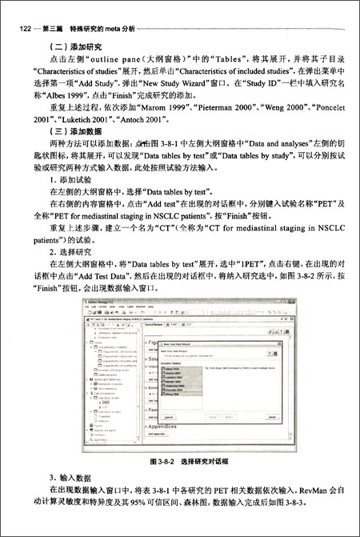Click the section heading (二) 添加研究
tap(75, 47)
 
